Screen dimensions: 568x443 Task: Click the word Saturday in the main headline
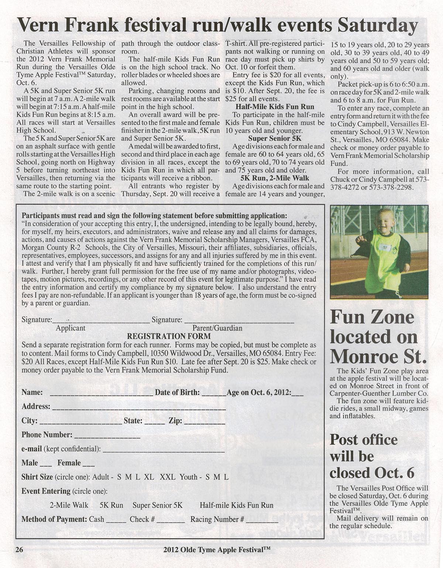point(377,26)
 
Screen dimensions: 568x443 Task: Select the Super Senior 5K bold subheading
point(275,139)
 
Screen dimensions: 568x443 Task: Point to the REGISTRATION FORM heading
point(169,336)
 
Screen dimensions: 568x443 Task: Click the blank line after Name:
point(101,394)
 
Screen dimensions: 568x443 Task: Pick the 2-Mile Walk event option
point(69,505)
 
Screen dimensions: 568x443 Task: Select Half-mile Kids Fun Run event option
point(236,505)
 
